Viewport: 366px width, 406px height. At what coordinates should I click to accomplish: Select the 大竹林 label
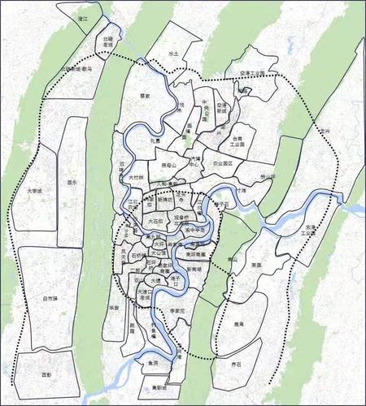(x=136, y=176)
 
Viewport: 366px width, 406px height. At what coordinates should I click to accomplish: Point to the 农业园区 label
(x=222, y=163)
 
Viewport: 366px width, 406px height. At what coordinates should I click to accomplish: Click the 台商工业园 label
(x=237, y=141)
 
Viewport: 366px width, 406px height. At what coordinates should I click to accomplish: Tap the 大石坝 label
(x=155, y=220)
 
